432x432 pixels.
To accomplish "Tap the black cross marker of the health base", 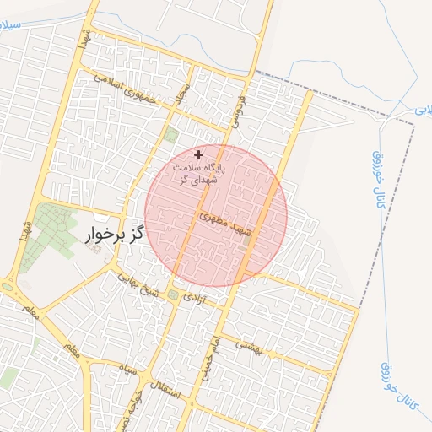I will pos(198,154).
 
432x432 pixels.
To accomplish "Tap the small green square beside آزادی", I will pos(174,294).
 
